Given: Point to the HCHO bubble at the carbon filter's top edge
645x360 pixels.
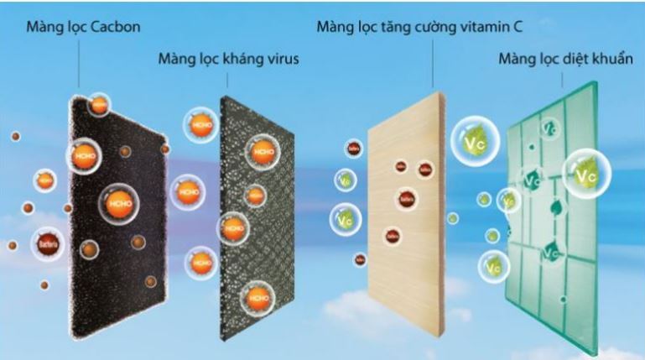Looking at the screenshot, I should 99,105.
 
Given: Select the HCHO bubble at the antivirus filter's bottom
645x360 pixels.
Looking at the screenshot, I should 257,297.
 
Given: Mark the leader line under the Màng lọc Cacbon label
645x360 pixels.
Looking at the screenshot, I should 79,63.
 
